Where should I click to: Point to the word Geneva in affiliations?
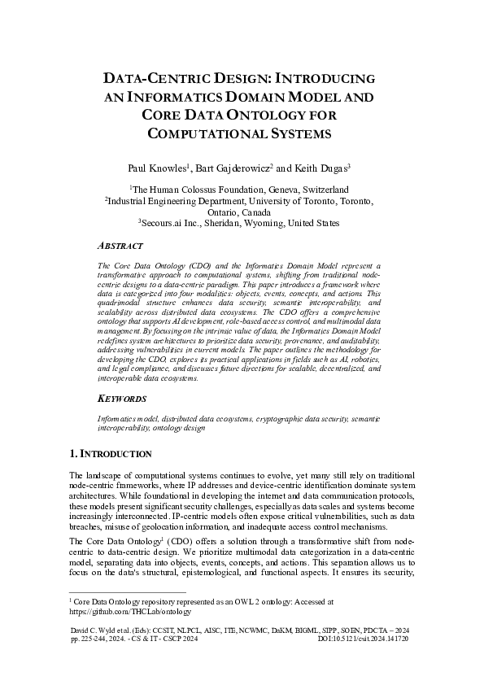click(x=265, y=188)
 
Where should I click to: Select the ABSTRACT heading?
click(x=120, y=246)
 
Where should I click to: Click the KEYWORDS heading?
click(x=122, y=399)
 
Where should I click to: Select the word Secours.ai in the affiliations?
click(x=164, y=222)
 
